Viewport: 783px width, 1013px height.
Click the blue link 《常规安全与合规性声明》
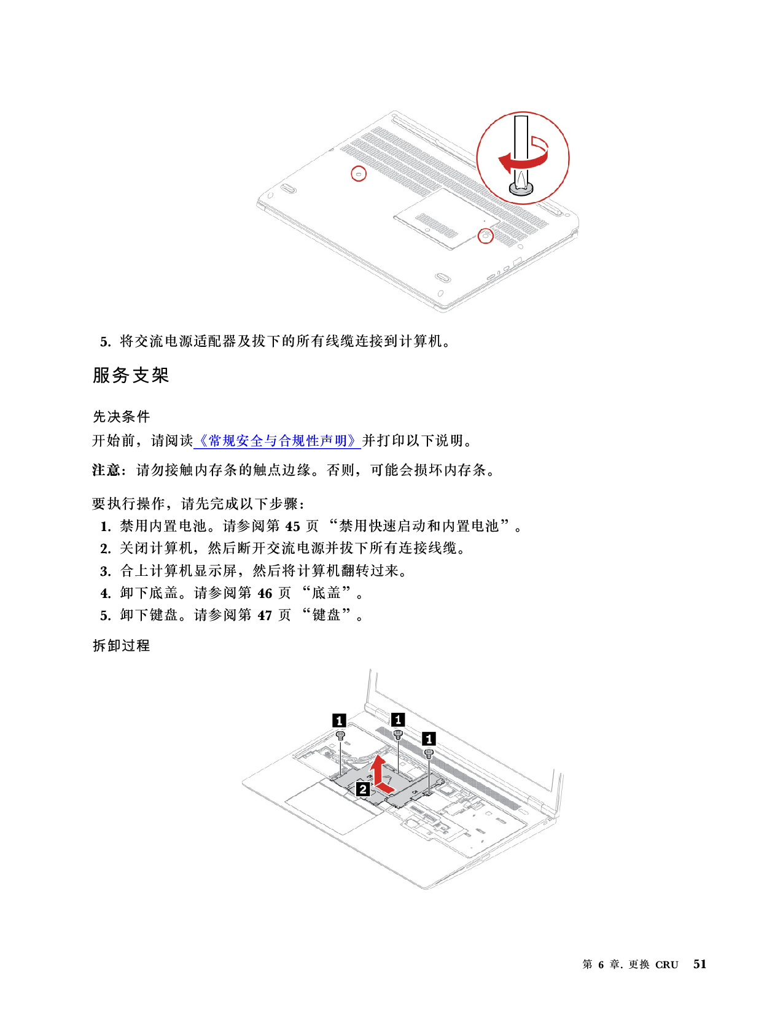[x=277, y=440]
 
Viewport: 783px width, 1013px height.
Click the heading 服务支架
[x=131, y=375]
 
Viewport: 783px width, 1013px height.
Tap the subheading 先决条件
[x=121, y=416]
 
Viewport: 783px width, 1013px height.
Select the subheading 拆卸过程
[x=121, y=645]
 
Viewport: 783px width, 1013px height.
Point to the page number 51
[x=699, y=964]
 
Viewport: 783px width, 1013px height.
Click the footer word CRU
[x=666, y=964]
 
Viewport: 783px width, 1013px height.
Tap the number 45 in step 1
[x=292, y=526]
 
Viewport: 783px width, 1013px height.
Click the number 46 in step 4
[x=265, y=594]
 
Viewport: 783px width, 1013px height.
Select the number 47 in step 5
[x=265, y=615]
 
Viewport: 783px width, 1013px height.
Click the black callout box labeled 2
[x=362, y=790]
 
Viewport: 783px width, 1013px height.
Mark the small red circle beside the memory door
[x=486, y=236]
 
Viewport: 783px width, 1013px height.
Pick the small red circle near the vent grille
[x=358, y=173]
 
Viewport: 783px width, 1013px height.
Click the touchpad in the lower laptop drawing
[x=334, y=809]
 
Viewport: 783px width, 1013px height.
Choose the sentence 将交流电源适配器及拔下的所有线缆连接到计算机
[x=284, y=341]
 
